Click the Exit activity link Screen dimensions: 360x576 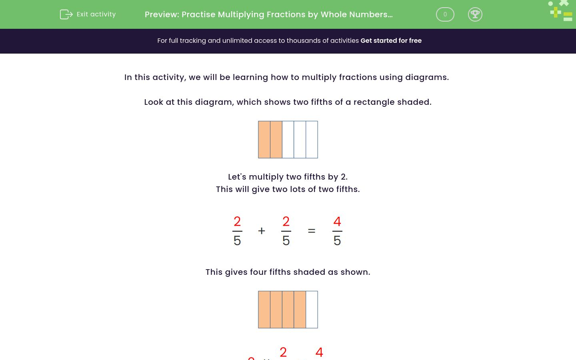[x=96, y=14]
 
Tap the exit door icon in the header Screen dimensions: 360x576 [x=66, y=14]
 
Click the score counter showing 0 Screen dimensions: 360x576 [x=445, y=14]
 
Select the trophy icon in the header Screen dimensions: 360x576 [x=475, y=14]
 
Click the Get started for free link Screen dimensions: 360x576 [x=391, y=41]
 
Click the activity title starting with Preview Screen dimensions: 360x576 [x=268, y=15]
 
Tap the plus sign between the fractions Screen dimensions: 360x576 [x=262, y=231]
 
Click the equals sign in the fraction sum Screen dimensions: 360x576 [x=312, y=231]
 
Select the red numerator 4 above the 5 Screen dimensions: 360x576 [x=337, y=222]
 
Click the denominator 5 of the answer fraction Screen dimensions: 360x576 [x=337, y=241]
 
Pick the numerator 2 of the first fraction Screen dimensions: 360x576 [x=237, y=222]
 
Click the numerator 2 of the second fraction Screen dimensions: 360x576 [x=286, y=222]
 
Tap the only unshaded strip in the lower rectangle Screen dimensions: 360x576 [x=312, y=310]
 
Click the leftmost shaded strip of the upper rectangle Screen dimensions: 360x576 [x=264, y=140]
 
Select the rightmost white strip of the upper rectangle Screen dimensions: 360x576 [x=312, y=140]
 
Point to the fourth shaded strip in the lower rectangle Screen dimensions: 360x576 [x=300, y=310]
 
